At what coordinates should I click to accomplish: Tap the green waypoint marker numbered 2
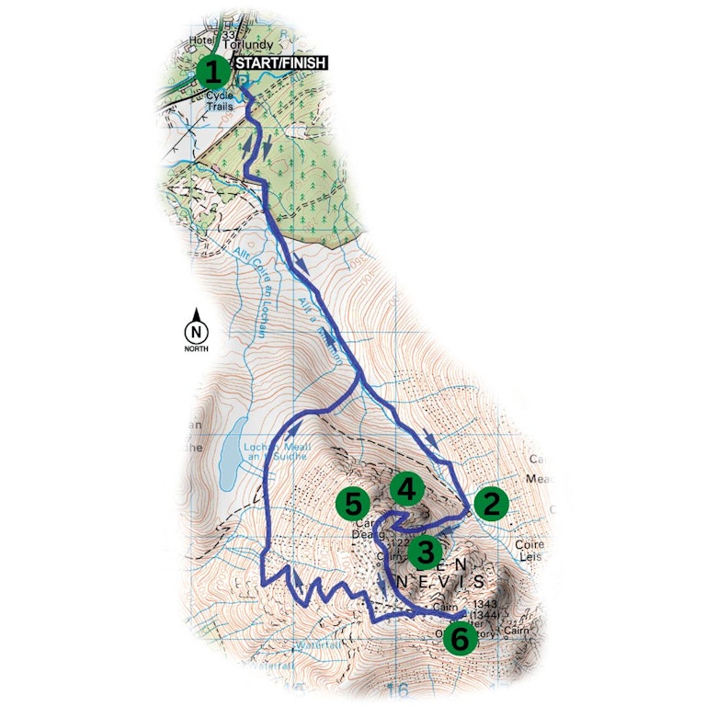491,503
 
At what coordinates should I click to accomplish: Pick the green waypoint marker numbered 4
405,487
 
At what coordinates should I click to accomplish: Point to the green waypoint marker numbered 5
353,503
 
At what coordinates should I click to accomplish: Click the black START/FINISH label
279,63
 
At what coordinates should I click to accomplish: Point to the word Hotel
199,40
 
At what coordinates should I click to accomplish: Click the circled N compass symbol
195,332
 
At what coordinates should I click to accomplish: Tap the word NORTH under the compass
195,349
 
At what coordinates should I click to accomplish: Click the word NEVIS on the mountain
442,582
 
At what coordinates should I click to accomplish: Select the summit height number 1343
484,605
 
